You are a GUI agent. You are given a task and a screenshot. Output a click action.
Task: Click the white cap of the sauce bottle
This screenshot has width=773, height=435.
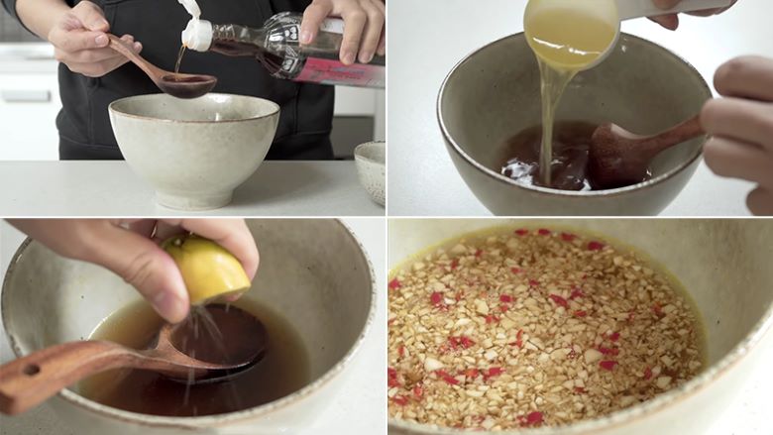197,35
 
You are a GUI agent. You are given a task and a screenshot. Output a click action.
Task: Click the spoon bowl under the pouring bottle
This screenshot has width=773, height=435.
188,85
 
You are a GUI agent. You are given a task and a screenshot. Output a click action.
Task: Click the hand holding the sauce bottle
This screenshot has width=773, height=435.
347,25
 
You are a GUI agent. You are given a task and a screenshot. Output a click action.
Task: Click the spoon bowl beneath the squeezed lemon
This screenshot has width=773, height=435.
218,342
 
